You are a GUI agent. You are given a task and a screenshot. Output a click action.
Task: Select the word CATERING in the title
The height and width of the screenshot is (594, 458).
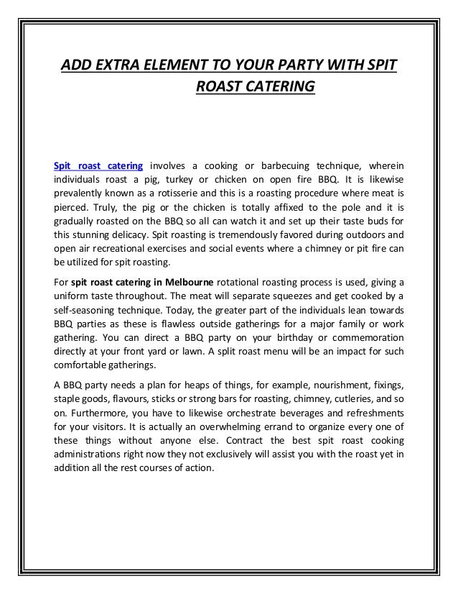[x=277, y=88]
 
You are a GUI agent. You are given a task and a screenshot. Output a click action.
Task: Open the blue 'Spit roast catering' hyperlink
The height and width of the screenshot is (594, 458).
[x=98, y=166]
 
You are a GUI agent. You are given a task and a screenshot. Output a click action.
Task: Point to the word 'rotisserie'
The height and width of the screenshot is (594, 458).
[x=164, y=193]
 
